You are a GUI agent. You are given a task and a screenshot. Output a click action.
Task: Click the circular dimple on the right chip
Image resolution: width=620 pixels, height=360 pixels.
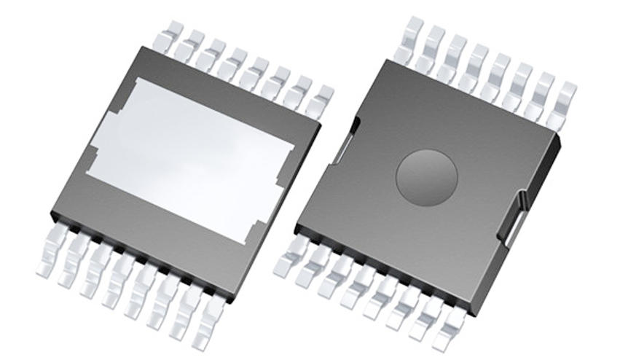coord(426,176)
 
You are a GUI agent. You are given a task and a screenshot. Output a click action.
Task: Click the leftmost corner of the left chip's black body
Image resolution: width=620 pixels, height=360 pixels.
coord(52,215)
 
